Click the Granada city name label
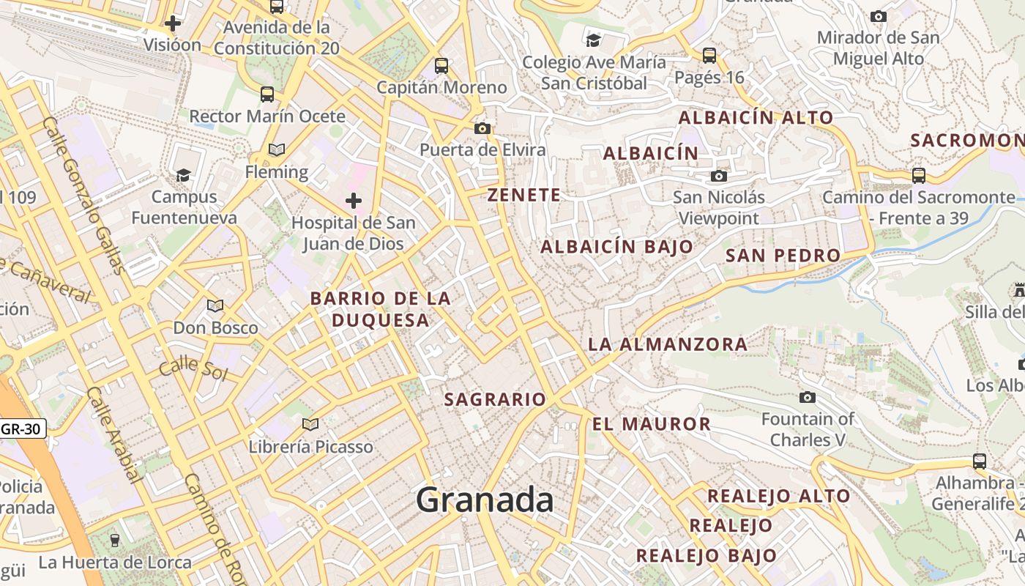point(485,500)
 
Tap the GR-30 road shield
point(23,429)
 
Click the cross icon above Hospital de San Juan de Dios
point(354,200)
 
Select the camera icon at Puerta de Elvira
point(482,129)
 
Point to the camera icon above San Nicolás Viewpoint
point(719,176)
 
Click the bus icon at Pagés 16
point(709,56)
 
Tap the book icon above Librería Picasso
point(310,424)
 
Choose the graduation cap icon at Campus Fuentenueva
point(183,175)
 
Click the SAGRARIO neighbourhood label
point(495,400)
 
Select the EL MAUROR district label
point(651,424)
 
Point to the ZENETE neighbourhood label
point(524,196)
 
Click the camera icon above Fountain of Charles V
point(808,397)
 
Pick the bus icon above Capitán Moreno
point(441,65)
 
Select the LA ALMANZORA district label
point(668,344)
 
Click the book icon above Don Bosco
point(215,305)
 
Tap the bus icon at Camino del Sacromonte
point(918,176)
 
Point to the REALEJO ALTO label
point(778,497)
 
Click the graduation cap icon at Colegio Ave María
point(593,40)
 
